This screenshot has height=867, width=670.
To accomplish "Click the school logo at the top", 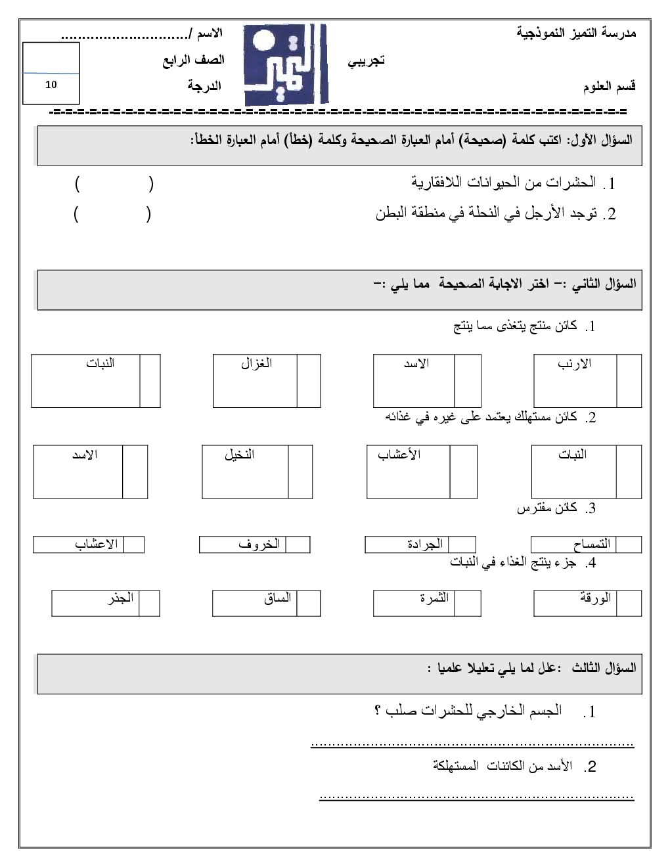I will pos(285,65).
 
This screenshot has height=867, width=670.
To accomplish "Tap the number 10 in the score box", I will pos(51,85).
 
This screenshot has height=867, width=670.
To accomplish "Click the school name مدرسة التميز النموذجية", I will pos(576,33).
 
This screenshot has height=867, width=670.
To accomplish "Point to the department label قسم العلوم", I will pos(609,87).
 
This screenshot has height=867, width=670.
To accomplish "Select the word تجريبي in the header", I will pos(365,61).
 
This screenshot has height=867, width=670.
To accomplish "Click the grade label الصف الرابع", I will pos(194,60).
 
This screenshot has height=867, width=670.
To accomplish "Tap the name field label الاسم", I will pos(210,33).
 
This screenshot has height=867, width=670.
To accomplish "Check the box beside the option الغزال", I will pos(309,381).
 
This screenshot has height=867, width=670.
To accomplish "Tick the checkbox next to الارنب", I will pos(629,381).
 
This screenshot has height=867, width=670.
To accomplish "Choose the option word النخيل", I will pos(240,455).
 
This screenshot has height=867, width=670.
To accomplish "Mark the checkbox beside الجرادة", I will pos(462,544).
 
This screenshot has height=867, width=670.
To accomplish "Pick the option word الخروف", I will pos(259,544).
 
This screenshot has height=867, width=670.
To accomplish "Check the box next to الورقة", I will pos(629,603).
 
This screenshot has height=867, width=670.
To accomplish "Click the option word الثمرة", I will pos(434,598).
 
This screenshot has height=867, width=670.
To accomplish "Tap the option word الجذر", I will pos(121,598).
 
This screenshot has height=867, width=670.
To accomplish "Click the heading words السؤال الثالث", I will pos(604,668).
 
